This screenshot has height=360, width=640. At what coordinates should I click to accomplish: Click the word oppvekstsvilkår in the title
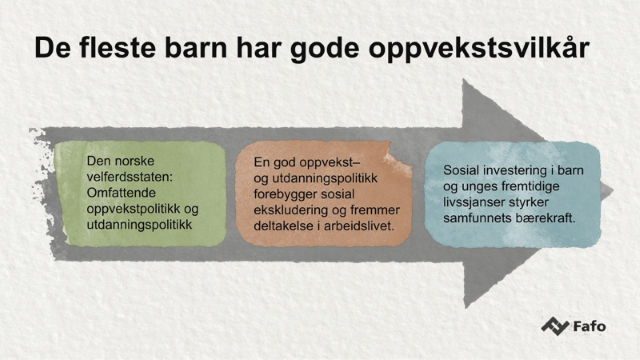pos(479,49)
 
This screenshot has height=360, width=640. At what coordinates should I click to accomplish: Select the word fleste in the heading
pos(117,48)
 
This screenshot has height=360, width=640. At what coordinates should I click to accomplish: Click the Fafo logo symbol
pos(555,326)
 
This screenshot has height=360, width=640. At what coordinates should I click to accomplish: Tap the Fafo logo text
pos(589,327)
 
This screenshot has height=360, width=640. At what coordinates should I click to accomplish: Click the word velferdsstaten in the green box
pos(130,177)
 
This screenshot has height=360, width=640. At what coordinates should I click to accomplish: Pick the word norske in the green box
pos(135,161)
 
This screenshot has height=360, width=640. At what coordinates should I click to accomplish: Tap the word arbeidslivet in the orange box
pos(359,226)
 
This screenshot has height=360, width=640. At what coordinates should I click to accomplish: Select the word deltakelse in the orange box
pos(283,226)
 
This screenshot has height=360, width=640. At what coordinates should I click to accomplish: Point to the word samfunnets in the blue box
pos(478,218)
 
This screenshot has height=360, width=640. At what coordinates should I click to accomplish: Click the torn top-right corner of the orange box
pos(397,160)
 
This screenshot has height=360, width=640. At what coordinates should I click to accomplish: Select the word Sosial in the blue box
pos(461,170)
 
